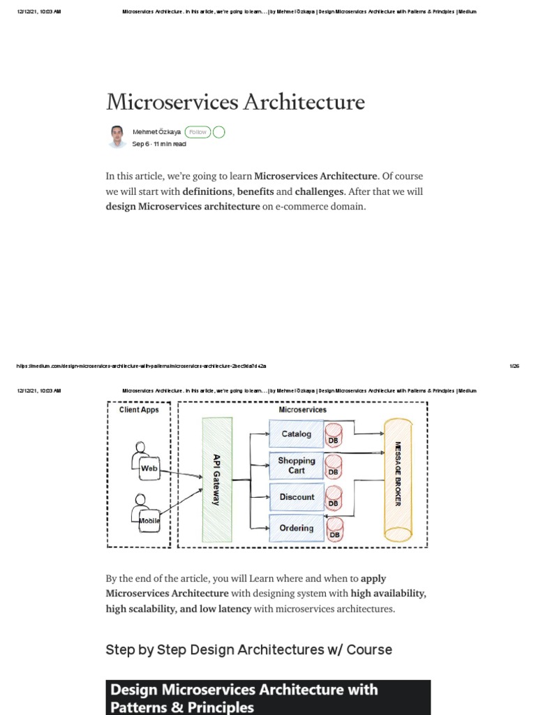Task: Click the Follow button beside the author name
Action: pyautogui.click(x=198, y=132)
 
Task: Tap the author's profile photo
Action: pyautogui.click(x=117, y=137)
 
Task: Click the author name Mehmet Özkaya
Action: pyautogui.click(x=157, y=132)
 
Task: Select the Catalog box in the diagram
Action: pyautogui.click(x=296, y=434)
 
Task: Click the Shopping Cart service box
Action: pyautogui.click(x=296, y=466)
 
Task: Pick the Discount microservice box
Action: pyautogui.click(x=297, y=497)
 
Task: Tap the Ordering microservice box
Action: pyautogui.click(x=296, y=529)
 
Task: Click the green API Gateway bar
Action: pyautogui.click(x=216, y=480)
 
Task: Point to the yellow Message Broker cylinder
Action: pyautogui.click(x=398, y=480)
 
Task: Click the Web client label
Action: pyautogui.click(x=149, y=469)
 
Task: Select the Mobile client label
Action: pyautogui.click(x=149, y=521)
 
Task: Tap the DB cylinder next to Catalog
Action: pyautogui.click(x=334, y=434)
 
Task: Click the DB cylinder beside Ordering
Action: pyautogui.click(x=334, y=529)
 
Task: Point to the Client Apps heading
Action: pyautogui.click(x=139, y=410)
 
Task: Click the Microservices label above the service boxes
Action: pyautogui.click(x=302, y=410)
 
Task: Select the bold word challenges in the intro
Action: pyautogui.click(x=320, y=191)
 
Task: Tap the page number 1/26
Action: pyautogui.click(x=515, y=365)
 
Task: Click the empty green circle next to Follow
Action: pyautogui.click(x=218, y=132)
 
